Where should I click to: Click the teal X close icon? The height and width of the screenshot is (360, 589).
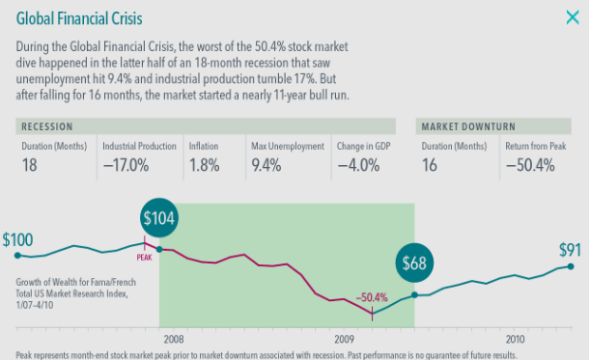(573, 17)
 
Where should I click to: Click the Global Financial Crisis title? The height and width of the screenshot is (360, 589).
(79, 18)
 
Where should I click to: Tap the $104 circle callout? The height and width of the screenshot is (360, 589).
(159, 218)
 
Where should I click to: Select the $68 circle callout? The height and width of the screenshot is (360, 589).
(414, 263)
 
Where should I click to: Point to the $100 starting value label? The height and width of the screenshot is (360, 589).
(17, 240)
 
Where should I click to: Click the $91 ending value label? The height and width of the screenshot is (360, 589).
(570, 250)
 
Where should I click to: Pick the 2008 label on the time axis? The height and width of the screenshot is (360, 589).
(174, 340)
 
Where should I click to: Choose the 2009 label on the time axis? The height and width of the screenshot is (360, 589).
(345, 340)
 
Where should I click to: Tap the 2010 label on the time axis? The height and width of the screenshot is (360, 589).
(515, 340)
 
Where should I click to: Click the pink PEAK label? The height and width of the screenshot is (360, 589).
(144, 258)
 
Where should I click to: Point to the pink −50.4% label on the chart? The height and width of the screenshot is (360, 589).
(372, 297)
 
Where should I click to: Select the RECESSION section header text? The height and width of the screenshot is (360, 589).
(47, 126)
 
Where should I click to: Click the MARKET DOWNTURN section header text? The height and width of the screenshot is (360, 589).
(468, 126)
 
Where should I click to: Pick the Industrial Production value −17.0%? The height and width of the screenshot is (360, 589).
(126, 165)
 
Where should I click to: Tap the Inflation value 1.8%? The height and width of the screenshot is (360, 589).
(205, 165)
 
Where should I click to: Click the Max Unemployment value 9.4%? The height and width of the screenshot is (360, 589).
(266, 165)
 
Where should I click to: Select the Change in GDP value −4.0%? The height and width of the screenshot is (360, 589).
(358, 165)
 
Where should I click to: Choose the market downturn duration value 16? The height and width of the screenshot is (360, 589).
(430, 165)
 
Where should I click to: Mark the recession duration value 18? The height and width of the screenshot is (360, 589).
(29, 165)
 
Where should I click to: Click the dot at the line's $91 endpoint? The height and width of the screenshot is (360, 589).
(571, 266)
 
